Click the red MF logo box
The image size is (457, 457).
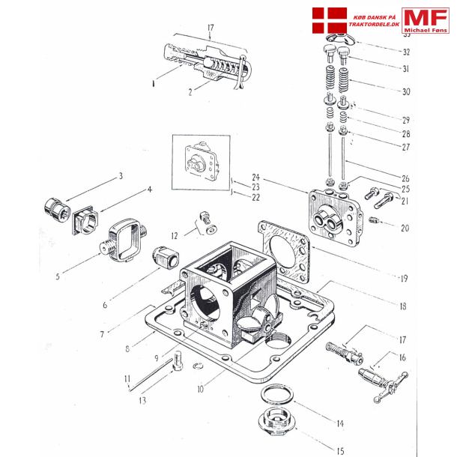point(425,19)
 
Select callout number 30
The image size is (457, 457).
point(406,92)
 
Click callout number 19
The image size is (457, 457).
point(403,279)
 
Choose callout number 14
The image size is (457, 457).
point(339,423)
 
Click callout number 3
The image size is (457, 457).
point(119,177)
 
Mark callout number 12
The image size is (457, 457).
point(175,235)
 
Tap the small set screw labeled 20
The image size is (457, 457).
point(375,220)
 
